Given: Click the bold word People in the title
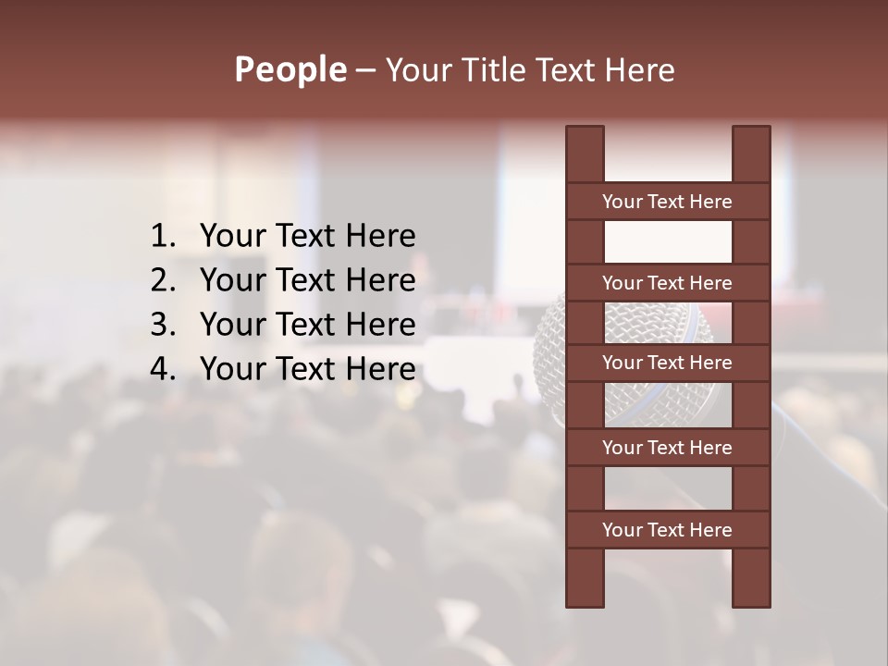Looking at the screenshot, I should tap(290, 70).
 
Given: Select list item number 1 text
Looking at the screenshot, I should tap(307, 237).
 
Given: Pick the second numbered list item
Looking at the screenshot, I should tap(307, 280).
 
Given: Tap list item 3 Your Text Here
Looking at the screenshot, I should tap(307, 325).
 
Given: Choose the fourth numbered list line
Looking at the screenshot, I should tap(307, 369).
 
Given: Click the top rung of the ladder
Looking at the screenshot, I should tap(667, 202).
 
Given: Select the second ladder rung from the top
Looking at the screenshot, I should tap(667, 283).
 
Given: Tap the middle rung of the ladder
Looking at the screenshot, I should tap(667, 363).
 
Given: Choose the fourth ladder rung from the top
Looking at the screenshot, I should tap(667, 448).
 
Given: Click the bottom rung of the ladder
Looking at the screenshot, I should tap(667, 530).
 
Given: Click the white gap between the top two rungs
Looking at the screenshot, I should tap(667, 242).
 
